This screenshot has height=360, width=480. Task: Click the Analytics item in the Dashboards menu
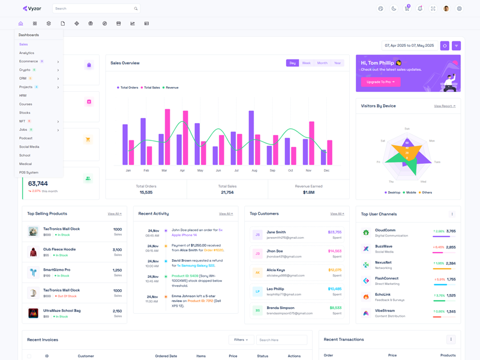pyautogui.click(x=26, y=53)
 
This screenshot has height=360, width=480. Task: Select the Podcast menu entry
pyautogui.click(x=26, y=138)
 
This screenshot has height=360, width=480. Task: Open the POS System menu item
pyautogui.click(x=29, y=172)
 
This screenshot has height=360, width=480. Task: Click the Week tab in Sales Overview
pyautogui.click(x=306, y=63)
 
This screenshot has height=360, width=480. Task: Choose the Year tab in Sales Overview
pyautogui.click(x=337, y=63)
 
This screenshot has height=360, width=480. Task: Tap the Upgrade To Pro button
pyautogui.click(x=380, y=82)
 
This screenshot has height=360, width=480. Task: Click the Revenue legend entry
pyautogui.click(x=172, y=88)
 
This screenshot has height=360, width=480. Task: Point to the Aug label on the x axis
pyautogui.click(x=254, y=170)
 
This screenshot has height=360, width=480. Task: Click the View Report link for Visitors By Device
pyautogui.click(x=445, y=106)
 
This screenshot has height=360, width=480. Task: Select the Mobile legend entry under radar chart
pyautogui.click(x=410, y=193)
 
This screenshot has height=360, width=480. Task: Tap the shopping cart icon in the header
pyautogui.click(x=407, y=8)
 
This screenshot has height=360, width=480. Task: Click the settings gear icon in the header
pyautogui.click(x=460, y=8)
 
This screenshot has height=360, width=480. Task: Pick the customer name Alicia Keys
pyautogui.click(x=276, y=270)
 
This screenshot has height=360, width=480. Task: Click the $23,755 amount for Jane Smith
pyautogui.click(x=334, y=232)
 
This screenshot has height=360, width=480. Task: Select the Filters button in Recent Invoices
pyautogui.click(x=241, y=340)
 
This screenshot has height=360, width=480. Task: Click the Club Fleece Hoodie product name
pyautogui.click(x=59, y=249)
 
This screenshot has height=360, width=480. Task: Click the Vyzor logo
pyautogui.click(x=33, y=8)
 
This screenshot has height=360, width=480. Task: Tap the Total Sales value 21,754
pyautogui.click(x=227, y=192)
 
